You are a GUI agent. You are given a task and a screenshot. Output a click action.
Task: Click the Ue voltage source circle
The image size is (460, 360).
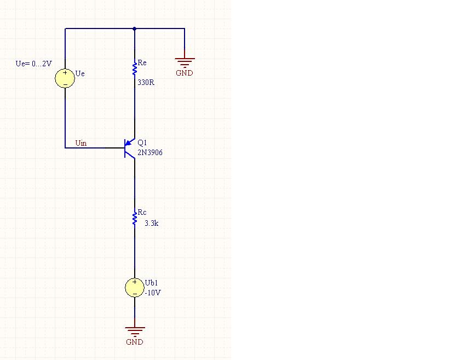tap(65, 78)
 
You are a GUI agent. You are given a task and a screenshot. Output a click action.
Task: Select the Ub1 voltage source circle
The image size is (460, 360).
tap(135, 288)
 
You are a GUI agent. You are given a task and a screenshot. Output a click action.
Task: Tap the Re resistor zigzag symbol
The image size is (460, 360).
tap(135, 68)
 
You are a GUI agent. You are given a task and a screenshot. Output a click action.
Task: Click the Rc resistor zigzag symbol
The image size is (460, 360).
tap(135, 218)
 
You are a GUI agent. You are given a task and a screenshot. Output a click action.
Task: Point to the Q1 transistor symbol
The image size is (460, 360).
tap(130, 148)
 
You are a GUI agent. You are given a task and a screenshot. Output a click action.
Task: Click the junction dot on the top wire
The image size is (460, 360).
tap(134, 29)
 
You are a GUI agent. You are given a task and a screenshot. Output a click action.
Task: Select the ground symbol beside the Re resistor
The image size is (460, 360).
tap(185, 62)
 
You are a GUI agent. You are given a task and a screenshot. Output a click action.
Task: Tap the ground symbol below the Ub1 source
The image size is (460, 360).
tap(135, 332)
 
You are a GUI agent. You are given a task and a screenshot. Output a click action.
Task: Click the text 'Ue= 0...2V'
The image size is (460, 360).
tap(34, 64)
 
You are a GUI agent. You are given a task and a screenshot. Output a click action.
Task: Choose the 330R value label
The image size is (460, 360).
tap(146, 83)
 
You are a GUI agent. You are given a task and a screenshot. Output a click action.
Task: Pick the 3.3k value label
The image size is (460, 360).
tap(151, 224)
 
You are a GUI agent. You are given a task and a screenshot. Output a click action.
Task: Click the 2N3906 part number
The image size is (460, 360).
tap(150, 153)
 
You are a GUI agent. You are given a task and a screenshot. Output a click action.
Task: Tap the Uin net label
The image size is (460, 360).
tap(81, 143)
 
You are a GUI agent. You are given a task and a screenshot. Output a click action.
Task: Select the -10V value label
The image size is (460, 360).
tap(153, 293)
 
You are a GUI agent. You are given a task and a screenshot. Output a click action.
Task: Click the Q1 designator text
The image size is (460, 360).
tap(142, 142)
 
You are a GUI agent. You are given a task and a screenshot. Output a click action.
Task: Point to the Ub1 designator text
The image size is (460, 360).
tap(151, 283)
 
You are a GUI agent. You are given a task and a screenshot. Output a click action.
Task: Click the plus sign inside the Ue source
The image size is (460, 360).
tap(65, 72)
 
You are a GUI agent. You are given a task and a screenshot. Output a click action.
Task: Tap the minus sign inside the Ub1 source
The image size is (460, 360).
tap(135, 294)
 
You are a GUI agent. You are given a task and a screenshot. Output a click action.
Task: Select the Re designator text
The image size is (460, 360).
tap(142, 63)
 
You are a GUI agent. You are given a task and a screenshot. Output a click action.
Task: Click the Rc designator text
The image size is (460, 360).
tap(142, 212)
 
